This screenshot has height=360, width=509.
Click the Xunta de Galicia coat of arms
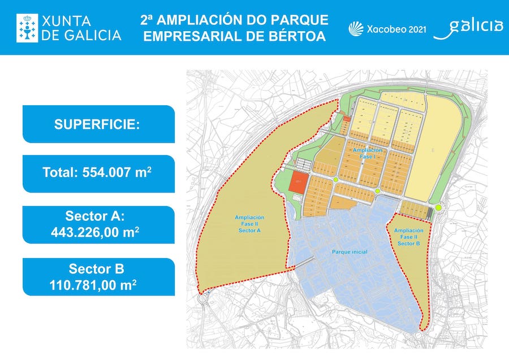tap(27, 28)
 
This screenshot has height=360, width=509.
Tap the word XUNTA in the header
tap(67, 21)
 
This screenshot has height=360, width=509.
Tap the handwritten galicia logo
tap(469, 27)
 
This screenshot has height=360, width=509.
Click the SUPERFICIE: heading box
tap(97, 125)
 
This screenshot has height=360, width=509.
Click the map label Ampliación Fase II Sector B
tap(408, 237)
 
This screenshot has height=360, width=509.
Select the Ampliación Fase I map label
tap(367, 153)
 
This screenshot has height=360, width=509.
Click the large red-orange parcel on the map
tap(299, 183)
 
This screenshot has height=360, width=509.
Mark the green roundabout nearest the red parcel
tap(335, 180)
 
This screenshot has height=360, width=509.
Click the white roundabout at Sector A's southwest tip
tap(204, 298)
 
